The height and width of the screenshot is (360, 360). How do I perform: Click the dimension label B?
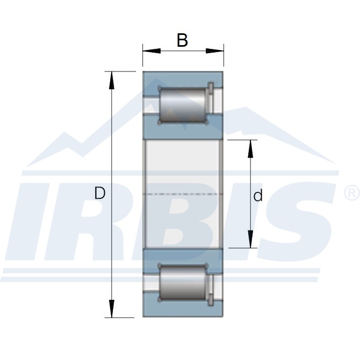[182, 40]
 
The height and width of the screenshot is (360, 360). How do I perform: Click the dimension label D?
[100, 193]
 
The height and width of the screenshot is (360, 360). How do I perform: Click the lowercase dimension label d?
[258, 196]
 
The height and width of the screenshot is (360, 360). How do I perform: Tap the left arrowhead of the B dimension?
[152, 51]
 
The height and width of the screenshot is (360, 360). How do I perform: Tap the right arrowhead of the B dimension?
[215, 51]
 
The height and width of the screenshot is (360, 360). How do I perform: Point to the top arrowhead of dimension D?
[112, 80]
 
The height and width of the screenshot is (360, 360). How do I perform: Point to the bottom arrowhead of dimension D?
[112, 309]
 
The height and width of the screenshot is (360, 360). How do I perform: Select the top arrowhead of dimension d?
[250, 149]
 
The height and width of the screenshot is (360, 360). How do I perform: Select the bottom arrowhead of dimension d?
[250, 239]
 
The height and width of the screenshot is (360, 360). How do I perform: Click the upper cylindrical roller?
[183, 105]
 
